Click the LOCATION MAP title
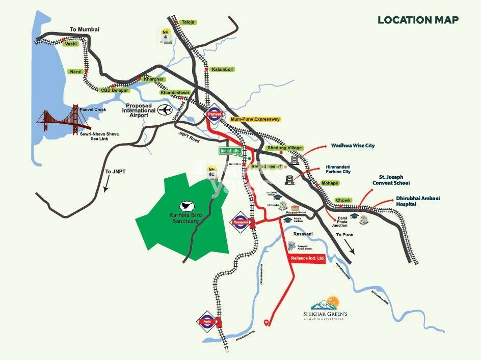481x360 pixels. [418, 20]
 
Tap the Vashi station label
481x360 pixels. [71, 44]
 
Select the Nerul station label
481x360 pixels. [75, 72]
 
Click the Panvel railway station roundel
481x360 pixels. [215, 116]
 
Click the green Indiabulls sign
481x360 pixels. [232, 151]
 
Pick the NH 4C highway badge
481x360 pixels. [211, 172]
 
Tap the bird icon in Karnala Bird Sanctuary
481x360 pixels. [186, 204]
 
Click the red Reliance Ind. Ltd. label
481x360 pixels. [307, 259]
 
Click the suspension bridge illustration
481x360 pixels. [63, 119]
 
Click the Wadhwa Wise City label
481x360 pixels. [353, 146]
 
